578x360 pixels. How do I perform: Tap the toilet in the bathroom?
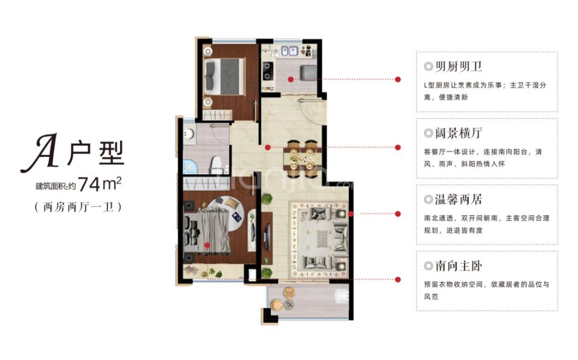point(217,163)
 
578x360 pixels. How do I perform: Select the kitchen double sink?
point(289,52)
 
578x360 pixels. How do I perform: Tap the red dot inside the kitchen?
point(290,80)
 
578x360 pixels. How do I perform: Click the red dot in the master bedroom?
point(207,245)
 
